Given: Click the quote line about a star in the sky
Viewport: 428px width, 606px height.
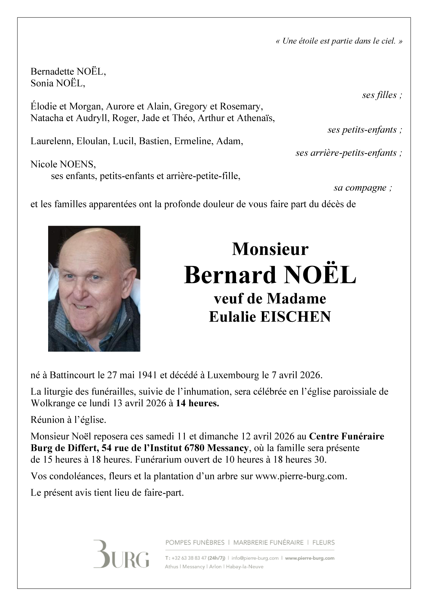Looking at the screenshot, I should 339,41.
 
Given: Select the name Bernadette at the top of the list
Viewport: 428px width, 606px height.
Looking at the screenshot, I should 52,72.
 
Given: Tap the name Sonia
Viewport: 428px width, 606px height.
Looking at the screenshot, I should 42,83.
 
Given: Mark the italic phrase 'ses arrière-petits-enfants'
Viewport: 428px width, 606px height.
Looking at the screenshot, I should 348,153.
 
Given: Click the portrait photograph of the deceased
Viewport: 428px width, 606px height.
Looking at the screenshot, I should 94,289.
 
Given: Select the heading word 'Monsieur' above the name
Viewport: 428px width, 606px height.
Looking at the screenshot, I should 270,249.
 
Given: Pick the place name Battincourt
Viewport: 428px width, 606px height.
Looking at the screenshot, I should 72,375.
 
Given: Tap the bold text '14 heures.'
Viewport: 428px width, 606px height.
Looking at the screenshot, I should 197,404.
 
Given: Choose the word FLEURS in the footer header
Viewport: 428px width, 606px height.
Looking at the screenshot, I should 323,543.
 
